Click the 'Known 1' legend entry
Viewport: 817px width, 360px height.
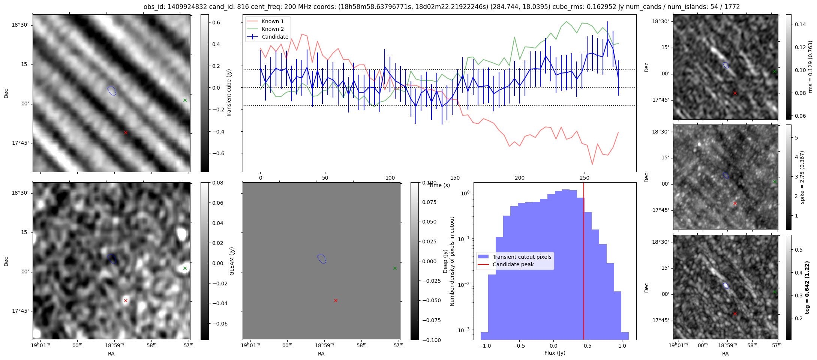pos(273,21)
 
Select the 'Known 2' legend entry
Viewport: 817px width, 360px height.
pos(273,29)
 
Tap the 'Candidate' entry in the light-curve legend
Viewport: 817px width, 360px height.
pos(275,37)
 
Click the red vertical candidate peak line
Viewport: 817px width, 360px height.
pos(584,262)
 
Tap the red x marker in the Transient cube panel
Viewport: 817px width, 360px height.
pos(126,132)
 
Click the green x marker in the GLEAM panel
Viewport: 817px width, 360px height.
pos(185,268)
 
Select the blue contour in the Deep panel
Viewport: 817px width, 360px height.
pos(322,259)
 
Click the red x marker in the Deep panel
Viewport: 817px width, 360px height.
pos(336,300)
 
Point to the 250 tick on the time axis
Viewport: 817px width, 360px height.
pos(585,177)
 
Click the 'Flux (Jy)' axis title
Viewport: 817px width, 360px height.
pos(555,353)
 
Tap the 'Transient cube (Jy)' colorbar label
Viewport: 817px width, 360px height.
pos(229,93)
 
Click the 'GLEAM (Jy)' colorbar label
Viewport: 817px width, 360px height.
pos(232,261)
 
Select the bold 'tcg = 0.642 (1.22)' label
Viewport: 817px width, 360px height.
pos(807,287)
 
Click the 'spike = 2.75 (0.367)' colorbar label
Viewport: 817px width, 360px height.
pos(802,177)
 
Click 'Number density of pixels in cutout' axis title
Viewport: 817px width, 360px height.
pos(452,261)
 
